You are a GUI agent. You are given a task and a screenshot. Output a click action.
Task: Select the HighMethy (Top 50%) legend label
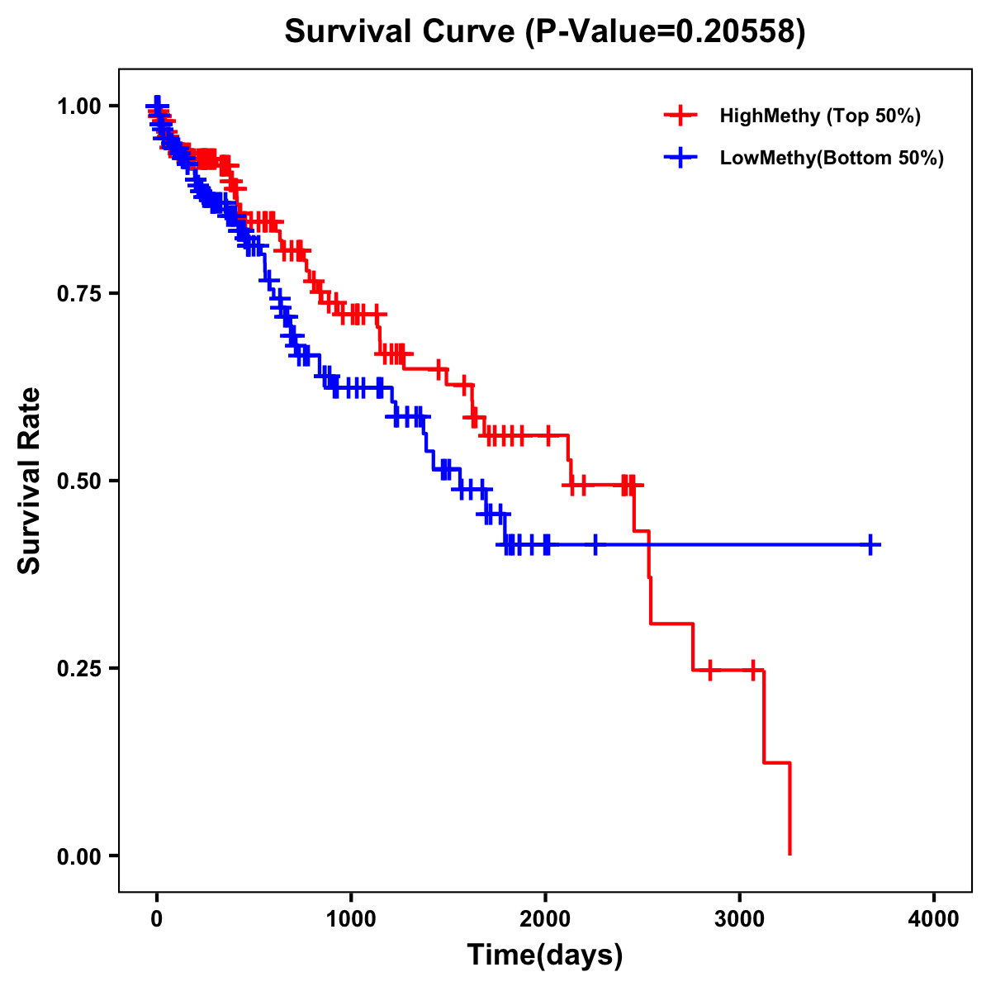pos(820,116)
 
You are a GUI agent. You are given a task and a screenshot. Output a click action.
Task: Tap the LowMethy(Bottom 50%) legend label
pos(832,158)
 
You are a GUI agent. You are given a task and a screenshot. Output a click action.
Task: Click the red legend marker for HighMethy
pos(680,116)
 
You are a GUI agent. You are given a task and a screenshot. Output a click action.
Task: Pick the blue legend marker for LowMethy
pos(680,158)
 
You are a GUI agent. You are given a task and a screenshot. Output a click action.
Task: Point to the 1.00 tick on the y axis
pos(78,107)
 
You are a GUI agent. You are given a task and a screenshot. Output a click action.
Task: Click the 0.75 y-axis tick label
pos(78,294)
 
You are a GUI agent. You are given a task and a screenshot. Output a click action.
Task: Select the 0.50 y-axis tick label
pos(78,481)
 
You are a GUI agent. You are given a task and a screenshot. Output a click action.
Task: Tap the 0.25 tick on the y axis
pos(78,669)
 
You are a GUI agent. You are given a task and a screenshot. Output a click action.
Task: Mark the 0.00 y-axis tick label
pos(78,856)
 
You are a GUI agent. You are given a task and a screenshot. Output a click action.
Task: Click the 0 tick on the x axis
pos(157,919)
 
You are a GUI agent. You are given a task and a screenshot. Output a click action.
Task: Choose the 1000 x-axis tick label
pos(351,919)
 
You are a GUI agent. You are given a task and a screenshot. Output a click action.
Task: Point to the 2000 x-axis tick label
pos(545,919)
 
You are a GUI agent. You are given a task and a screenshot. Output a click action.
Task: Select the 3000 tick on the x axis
pos(740,919)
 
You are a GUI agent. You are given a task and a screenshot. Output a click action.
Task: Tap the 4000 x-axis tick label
pos(934,919)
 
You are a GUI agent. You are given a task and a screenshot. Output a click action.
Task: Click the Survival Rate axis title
pos(30,481)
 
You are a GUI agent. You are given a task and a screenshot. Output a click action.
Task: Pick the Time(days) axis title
pos(545,955)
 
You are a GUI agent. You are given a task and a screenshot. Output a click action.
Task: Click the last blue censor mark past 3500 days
pos(870,544)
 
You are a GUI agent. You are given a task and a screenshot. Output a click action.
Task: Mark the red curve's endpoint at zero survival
pos(790,854)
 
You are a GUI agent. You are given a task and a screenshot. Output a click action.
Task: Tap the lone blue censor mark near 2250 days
pos(595,544)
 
